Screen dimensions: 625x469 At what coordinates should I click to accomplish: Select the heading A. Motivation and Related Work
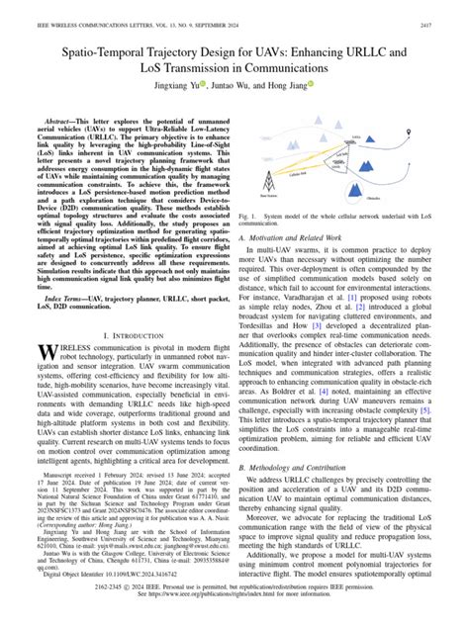click(x=308, y=237)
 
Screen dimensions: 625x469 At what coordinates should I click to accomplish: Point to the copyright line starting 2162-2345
click(x=234, y=604)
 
